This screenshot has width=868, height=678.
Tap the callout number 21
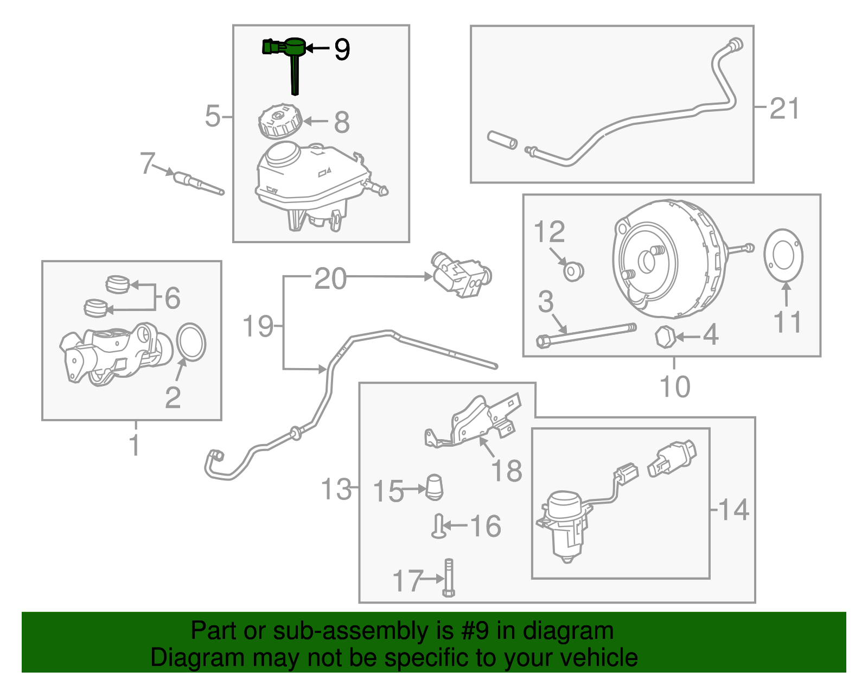(x=784, y=109)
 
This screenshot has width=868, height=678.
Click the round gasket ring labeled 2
(x=191, y=342)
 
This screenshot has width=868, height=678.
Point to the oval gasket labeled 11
(x=783, y=256)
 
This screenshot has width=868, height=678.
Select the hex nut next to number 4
(x=665, y=337)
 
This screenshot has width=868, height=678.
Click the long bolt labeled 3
(x=586, y=333)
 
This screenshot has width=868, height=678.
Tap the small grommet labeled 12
(x=573, y=270)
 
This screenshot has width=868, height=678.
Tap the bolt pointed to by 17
(x=449, y=578)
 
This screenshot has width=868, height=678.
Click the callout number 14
(x=734, y=510)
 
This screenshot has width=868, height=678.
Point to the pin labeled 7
(x=198, y=182)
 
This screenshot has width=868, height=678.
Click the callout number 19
(x=258, y=326)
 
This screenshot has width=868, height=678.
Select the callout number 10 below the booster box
(x=674, y=386)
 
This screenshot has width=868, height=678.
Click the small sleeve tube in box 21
(x=502, y=140)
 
